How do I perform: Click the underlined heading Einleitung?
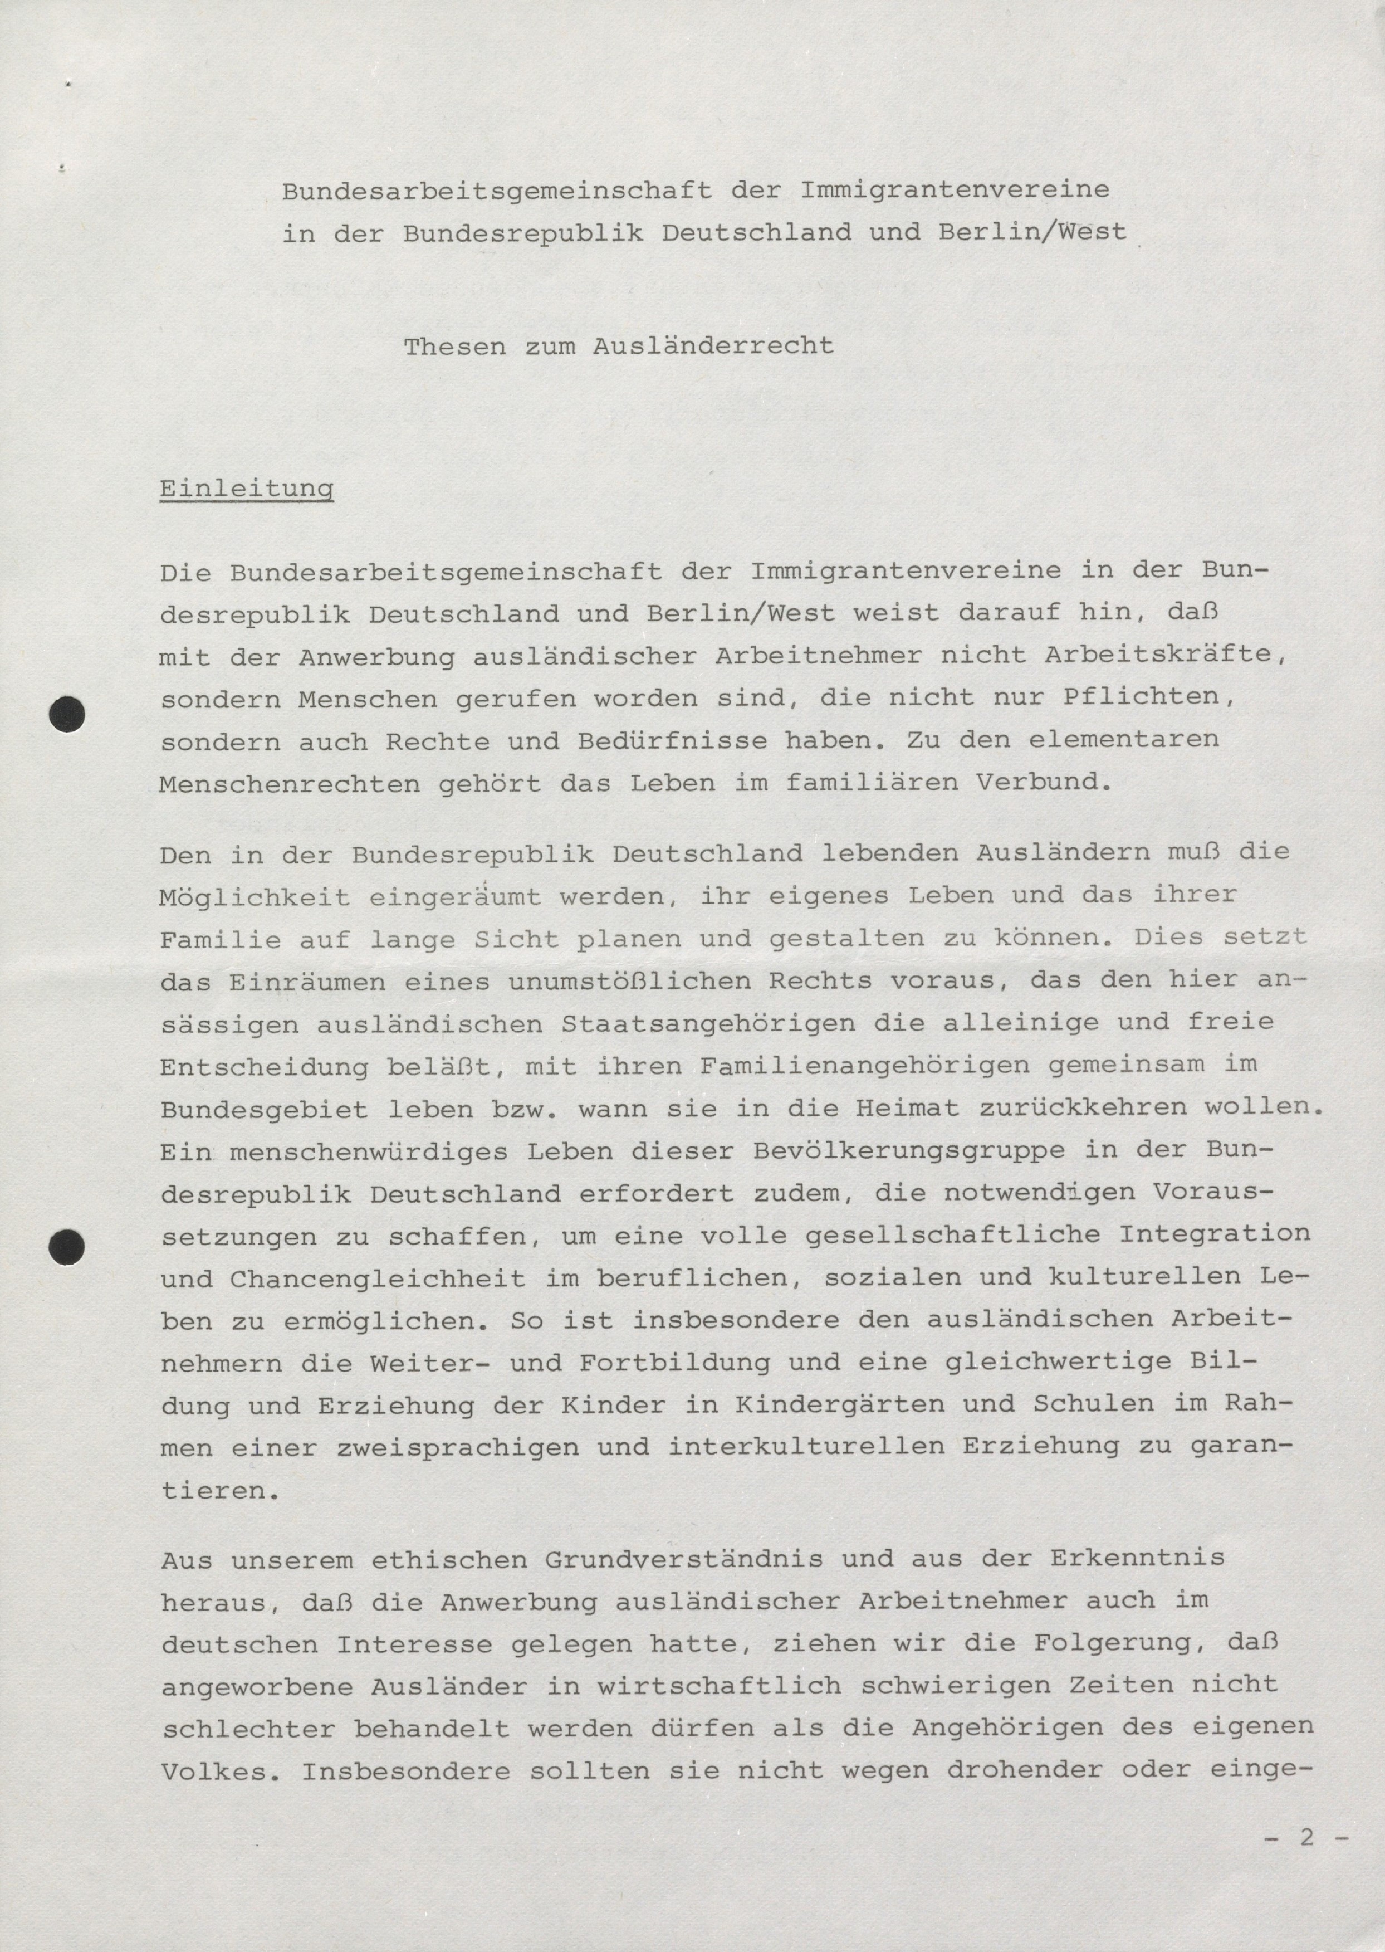pyautogui.click(x=247, y=490)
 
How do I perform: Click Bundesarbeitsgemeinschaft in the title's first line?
pyautogui.click(x=497, y=191)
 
